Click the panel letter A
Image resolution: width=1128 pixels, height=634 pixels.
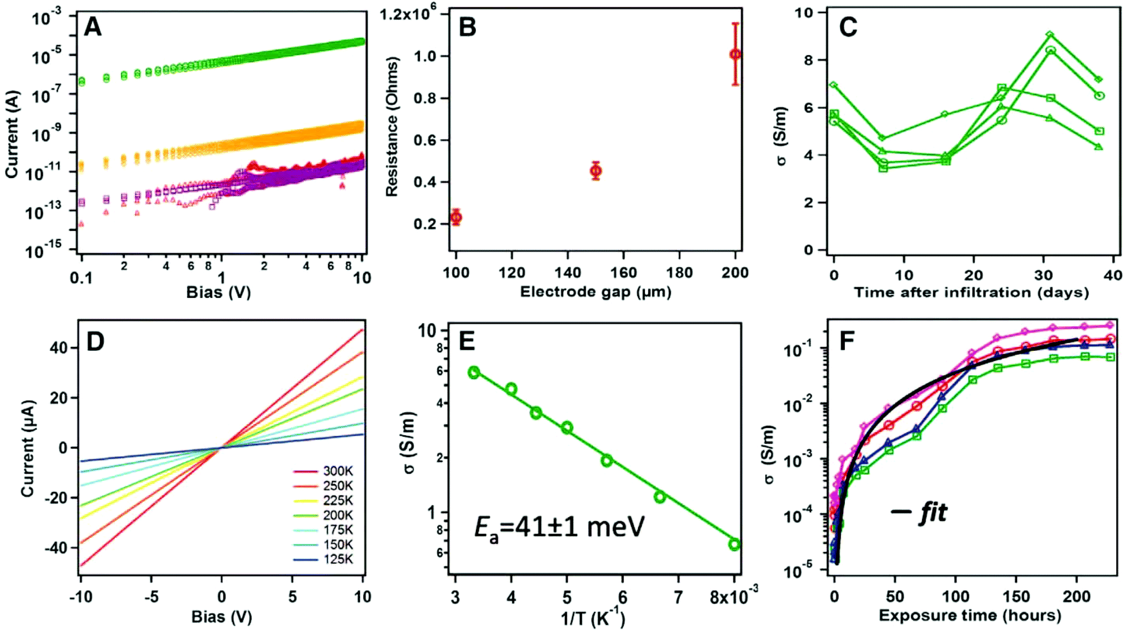click(93, 27)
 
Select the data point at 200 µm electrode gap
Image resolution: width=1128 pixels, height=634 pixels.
click(735, 55)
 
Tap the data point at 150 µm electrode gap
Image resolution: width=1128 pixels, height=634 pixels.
click(596, 171)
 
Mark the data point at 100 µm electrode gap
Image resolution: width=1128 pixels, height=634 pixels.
click(456, 217)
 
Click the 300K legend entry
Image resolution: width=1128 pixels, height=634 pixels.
click(338, 471)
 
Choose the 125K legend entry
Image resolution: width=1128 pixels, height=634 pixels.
click(338, 559)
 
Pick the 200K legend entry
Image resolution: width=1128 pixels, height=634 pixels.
click(338, 515)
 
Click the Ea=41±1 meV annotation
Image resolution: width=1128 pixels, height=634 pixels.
click(559, 527)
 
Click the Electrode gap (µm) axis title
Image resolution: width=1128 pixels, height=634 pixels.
click(596, 292)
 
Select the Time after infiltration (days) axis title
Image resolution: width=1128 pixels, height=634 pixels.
click(971, 292)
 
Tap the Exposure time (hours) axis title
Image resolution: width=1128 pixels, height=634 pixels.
click(970, 616)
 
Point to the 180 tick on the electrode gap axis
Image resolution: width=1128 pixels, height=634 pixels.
click(679, 273)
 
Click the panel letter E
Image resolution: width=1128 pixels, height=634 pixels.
click(467, 341)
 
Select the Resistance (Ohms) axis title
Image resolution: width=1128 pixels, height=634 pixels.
click(392, 126)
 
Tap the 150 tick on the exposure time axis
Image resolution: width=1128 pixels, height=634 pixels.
click(1016, 596)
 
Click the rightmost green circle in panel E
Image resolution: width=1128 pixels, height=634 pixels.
click(734, 544)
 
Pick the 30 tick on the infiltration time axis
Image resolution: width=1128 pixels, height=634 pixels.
click(1043, 275)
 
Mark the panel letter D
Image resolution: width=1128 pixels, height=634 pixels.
click(95, 341)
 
